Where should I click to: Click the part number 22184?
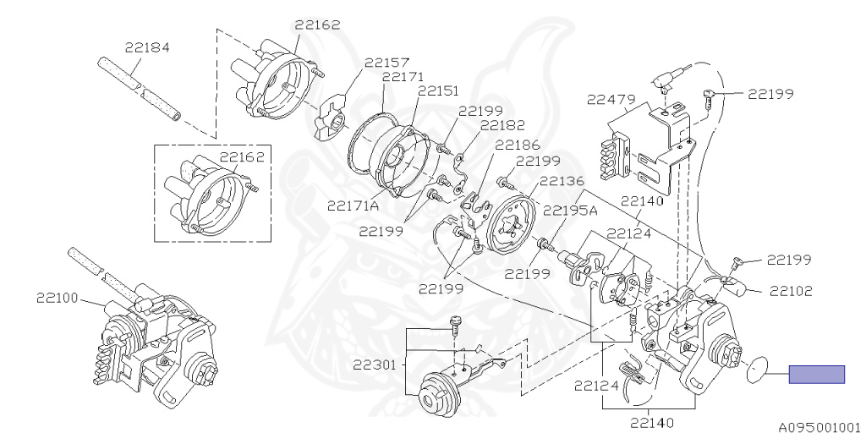[147, 47]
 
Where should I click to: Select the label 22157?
[387, 62]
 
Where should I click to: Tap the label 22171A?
[354, 206]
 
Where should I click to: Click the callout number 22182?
[502, 125]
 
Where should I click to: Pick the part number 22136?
[562, 180]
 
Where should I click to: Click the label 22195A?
[569, 211]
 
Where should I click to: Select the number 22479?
[611, 100]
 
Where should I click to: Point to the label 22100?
[58, 298]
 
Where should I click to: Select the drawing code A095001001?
[818, 426]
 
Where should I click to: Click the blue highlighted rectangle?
[817, 374]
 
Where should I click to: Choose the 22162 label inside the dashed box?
[243, 156]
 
